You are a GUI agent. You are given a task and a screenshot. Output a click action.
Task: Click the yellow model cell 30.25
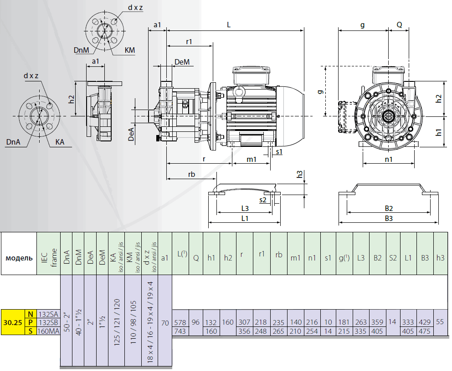pos(13,322)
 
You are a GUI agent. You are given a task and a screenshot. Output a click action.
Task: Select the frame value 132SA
pos(48,314)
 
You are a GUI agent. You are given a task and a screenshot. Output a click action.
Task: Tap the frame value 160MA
pos(48,331)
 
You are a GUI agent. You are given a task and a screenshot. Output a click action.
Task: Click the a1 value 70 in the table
pos(165,323)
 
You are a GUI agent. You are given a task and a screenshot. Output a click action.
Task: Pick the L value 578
pos(180,323)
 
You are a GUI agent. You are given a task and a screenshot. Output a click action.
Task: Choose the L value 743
pos(180,331)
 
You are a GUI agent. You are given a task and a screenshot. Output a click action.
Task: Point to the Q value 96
pos(195,322)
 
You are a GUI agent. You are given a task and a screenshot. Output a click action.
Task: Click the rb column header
pos(279,255)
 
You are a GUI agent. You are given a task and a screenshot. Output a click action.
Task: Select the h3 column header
pos(440,258)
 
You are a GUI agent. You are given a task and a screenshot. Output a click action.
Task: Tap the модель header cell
pos(19,258)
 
